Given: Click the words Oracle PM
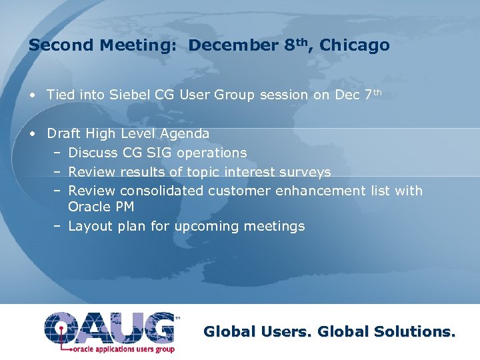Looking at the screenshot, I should point(101,207).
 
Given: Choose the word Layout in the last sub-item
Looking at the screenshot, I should point(90,226).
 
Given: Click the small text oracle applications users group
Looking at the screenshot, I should point(115,348).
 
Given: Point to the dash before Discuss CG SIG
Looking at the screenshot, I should point(58,153).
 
